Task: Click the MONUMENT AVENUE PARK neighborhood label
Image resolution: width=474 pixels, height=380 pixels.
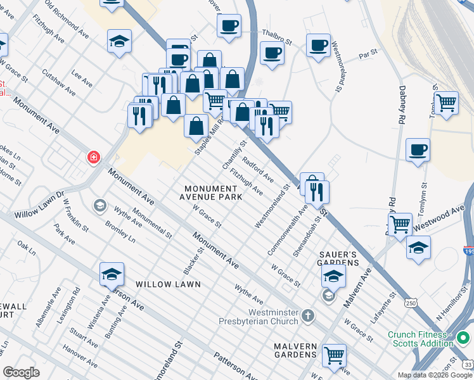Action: (x=213, y=193)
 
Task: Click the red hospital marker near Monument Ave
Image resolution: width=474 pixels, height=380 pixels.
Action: (x=94, y=156)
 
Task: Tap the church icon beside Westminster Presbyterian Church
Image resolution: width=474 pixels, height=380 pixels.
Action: (x=307, y=315)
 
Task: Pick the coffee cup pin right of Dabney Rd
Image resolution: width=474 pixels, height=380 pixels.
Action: (x=418, y=150)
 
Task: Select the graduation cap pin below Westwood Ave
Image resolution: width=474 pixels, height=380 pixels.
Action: (x=418, y=248)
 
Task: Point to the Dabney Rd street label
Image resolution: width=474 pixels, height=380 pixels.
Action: (x=402, y=104)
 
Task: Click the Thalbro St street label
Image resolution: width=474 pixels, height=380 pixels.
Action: (x=278, y=38)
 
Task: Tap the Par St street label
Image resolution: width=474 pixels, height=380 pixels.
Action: (x=368, y=54)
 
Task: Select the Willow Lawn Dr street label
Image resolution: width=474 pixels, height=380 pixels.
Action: (x=39, y=202)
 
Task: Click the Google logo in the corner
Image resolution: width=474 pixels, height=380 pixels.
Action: (x=21, y=372)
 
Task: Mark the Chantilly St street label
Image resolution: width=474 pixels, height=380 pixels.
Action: (x=233, y=155)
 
